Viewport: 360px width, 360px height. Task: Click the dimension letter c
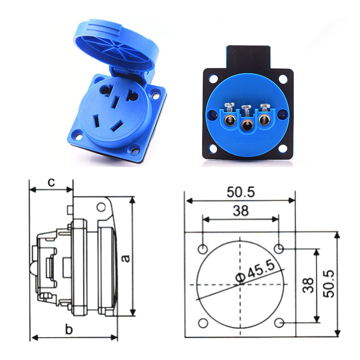pos(51,182)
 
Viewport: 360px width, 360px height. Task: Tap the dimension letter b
pos(68,330)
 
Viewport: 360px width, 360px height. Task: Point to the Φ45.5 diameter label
pos(255,271)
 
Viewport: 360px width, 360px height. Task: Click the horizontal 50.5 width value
pos(240,192)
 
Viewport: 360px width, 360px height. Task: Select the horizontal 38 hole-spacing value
pos(241,211)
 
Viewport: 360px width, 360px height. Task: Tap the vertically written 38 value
pos(308,285)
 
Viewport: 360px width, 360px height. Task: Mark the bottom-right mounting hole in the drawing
pos(279,323)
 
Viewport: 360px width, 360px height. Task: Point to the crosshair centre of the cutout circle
pos(241,285)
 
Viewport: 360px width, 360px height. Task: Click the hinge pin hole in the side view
pos(102,207)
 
